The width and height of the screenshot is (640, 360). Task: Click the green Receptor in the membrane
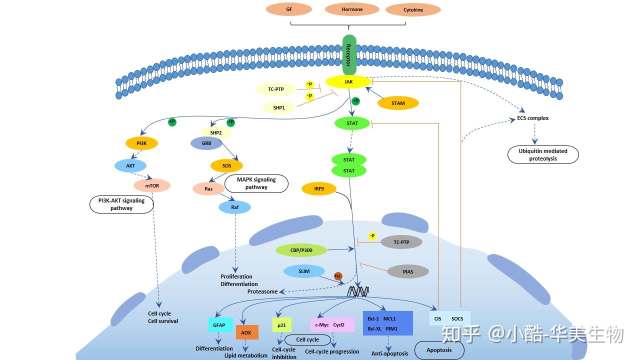tap(349, 55)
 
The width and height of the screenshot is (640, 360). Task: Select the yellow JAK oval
tap(348, 81)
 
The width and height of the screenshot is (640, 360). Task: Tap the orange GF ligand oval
tap(288, 9)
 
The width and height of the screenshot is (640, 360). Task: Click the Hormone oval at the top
tap(352, 9)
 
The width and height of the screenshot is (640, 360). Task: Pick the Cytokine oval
tap(413, 9)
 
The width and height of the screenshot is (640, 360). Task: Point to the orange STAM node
tap(398, 103)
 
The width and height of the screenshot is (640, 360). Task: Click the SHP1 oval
tap(279, 107)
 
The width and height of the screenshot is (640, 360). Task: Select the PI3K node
tap(141, 143)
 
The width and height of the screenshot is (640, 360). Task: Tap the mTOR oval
tap(151, 185)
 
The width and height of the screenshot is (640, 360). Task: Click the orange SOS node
tap(226, 165)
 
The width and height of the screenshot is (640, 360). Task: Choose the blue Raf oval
tap(234, 207)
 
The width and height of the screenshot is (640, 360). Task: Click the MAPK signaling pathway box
tap(256, 183)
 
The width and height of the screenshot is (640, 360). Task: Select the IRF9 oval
tap(319, 188)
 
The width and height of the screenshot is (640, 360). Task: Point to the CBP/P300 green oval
tap(301, 250)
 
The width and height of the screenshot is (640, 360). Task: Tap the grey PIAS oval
tap(408, 272)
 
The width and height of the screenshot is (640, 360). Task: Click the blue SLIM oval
tap(304, 271)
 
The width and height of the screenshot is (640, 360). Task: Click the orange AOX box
tap(246, 332)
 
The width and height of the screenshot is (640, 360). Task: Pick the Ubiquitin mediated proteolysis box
tap(543, 155)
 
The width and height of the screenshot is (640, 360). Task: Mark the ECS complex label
tap(533, 118)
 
